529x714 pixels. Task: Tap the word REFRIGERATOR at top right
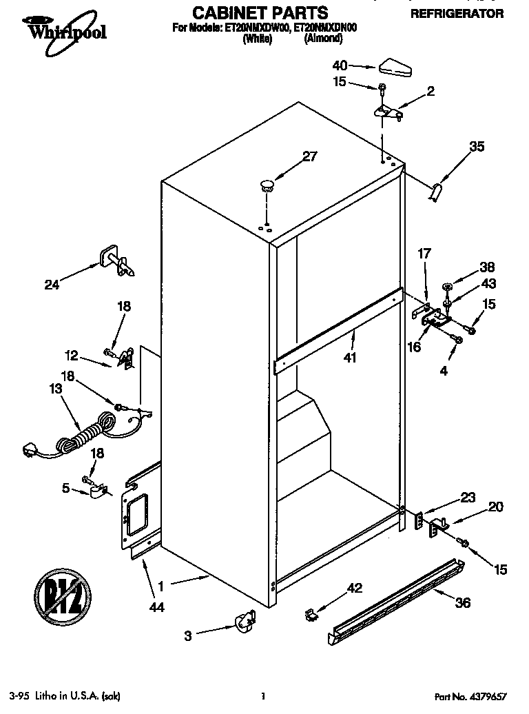click(x=457, y=13)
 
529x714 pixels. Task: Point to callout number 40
click(x=340, y=66)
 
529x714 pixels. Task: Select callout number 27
click(x=310, y=156)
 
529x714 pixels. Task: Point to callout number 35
click(x=477, y=146)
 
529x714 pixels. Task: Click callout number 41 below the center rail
click(x=349, y=358)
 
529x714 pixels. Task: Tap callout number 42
click(x=354, y=588)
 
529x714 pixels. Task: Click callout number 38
click(x=487, y=267)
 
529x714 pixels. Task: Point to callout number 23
click(x=468, y=496)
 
